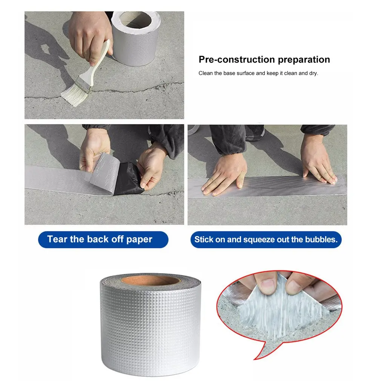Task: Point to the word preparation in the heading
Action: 304,60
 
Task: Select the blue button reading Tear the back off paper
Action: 103,240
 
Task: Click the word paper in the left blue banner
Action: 139,240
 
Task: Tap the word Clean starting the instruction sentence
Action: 206,73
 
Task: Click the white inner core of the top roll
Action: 136,20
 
